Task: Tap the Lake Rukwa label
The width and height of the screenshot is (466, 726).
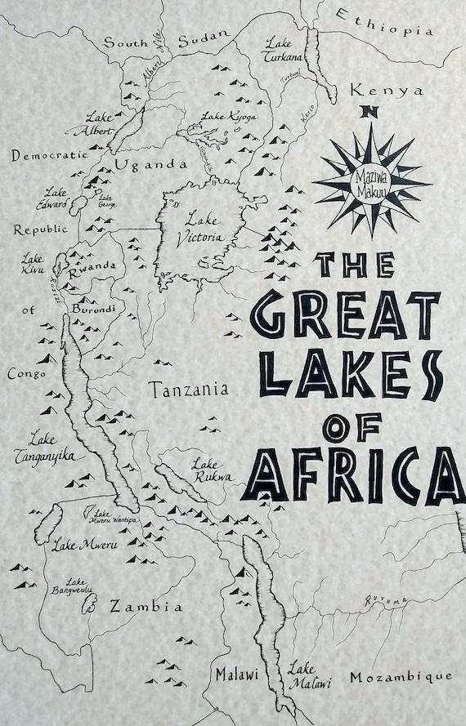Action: coord(210,470)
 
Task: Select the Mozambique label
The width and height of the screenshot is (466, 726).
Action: coord(400,677)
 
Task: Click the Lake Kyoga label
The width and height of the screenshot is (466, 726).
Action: coord(229,117)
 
